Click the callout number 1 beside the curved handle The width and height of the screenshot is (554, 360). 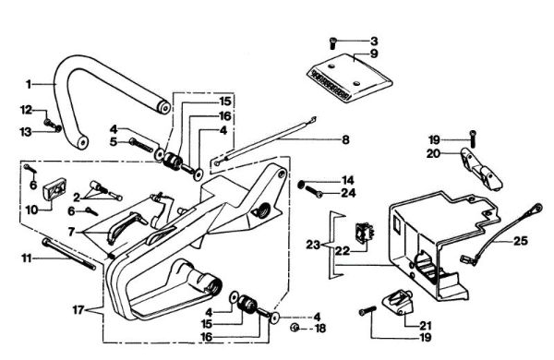point(29,83)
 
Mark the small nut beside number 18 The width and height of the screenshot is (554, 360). point(291,328)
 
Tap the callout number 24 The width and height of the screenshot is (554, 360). point(347,194)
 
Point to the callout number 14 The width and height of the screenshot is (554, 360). point(347,179)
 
